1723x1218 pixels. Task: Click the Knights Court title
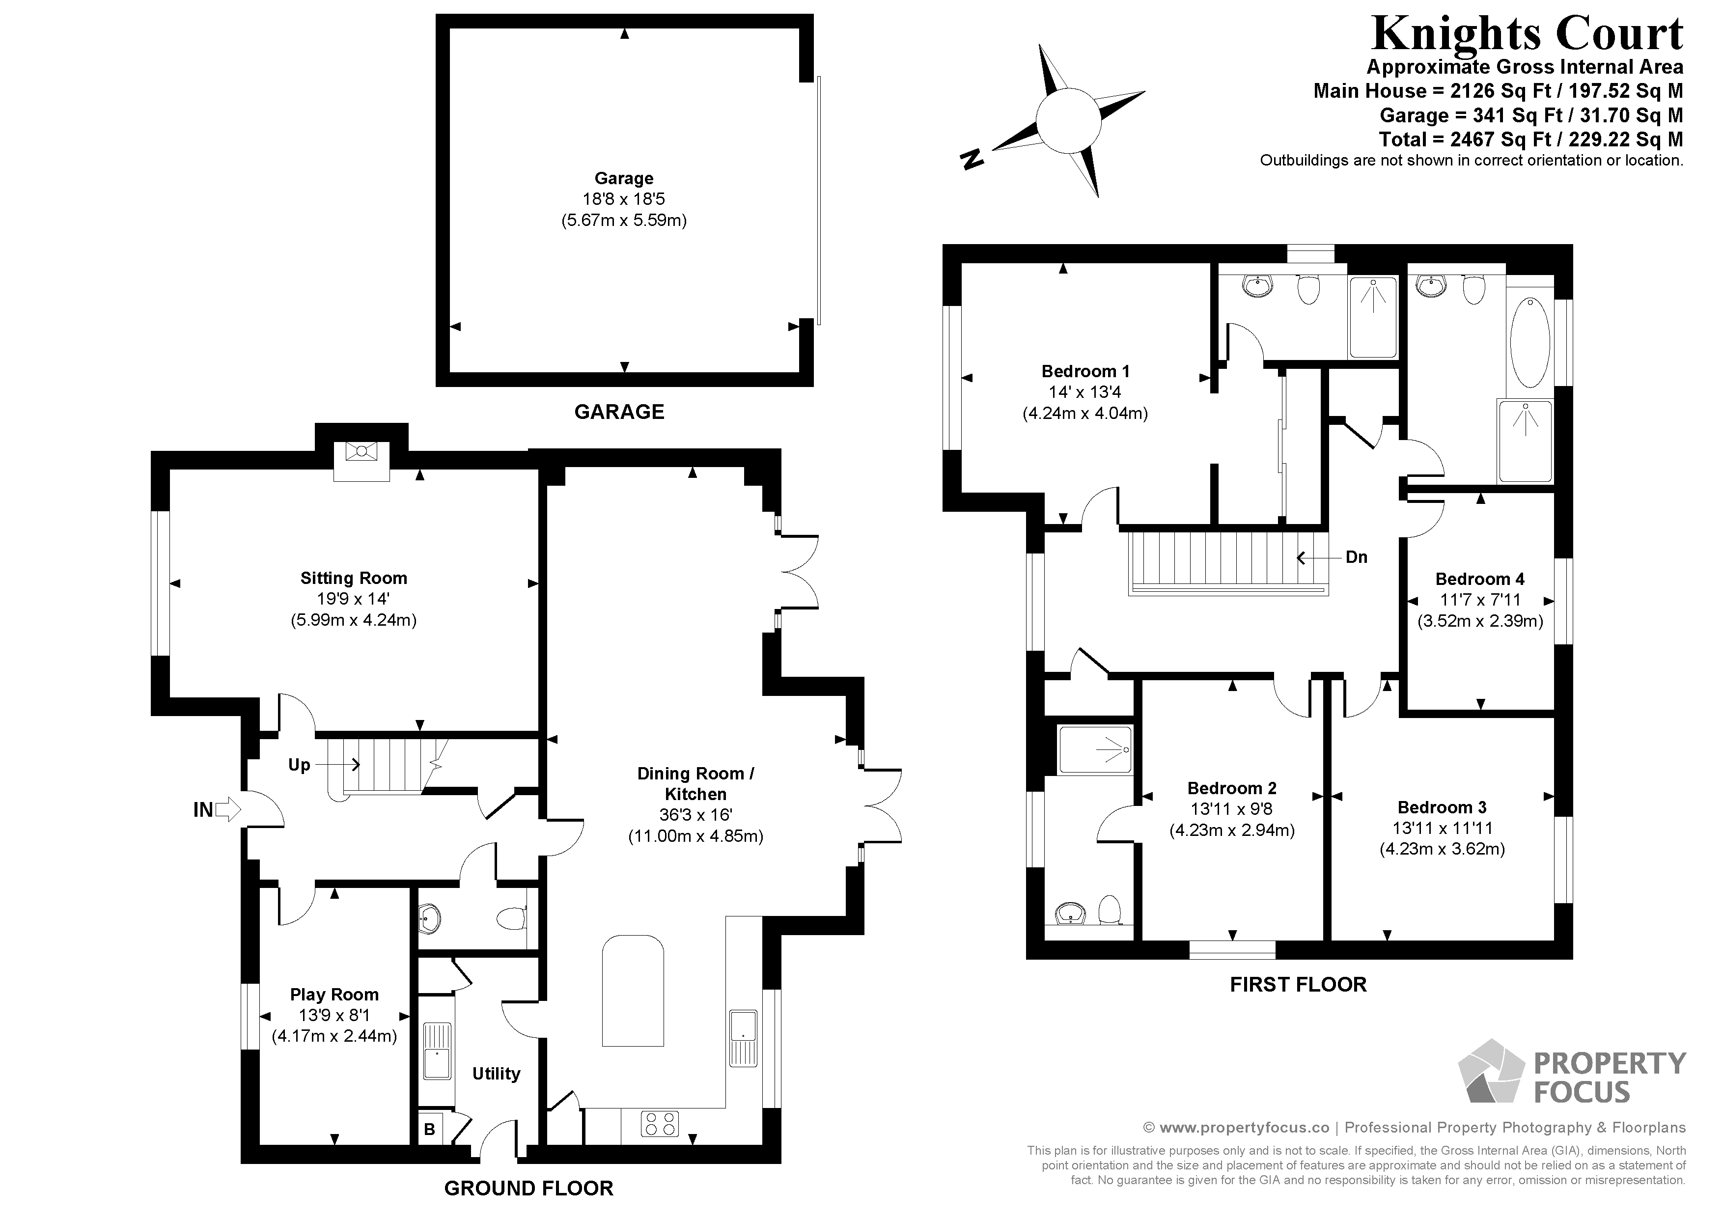(x=1527, y=34)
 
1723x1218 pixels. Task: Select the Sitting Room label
(x=354, y=578)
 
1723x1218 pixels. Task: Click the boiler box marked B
(x=429, y=1130)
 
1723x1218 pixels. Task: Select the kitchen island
(x=634, y=990)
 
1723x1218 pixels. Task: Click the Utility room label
(x=496, y=1073)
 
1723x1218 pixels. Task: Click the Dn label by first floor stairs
(x=1356, y=557)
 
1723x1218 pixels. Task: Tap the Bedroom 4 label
(x=1479, y=579)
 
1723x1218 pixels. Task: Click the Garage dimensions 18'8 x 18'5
(x=624, y=199)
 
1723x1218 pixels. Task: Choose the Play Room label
(x=334, y=995)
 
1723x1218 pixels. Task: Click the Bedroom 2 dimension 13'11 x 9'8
(x=1231, y=809)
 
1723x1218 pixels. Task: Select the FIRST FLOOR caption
(x=1298, y=985)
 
